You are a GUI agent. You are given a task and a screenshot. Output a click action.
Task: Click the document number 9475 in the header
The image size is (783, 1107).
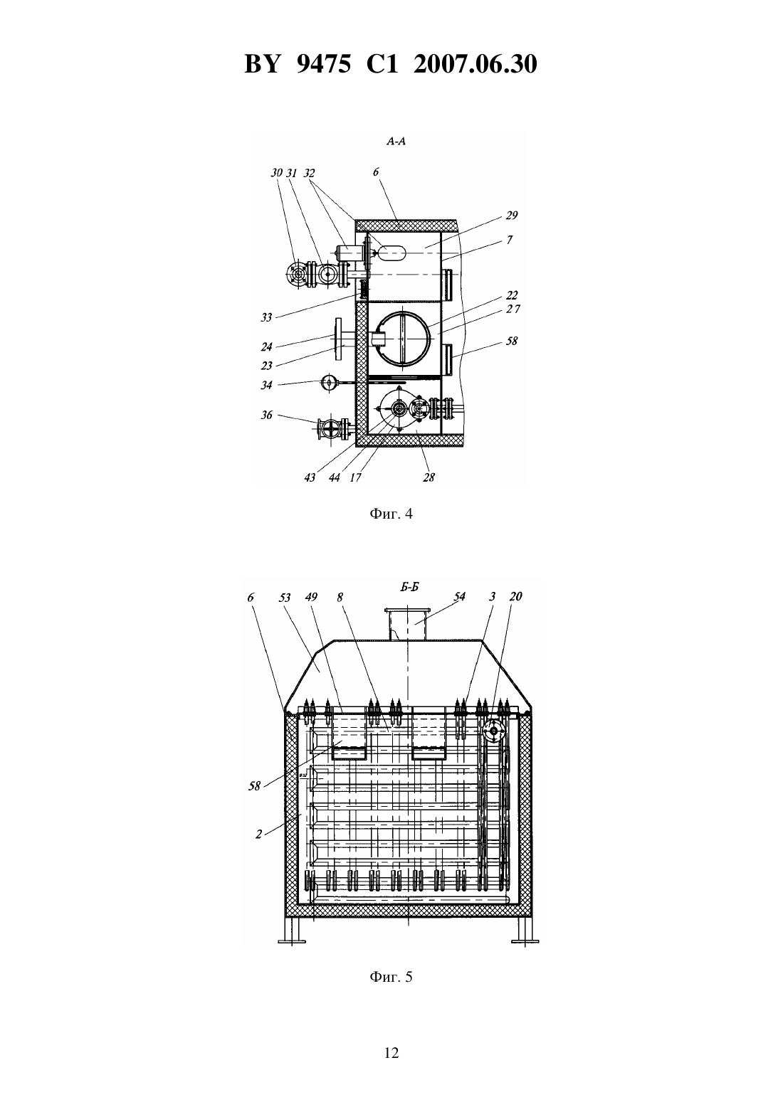pyautogui.click(x=323, y=64)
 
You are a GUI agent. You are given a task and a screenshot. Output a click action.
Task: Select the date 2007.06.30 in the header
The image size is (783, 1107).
pyautogui.click(x=475, y=64)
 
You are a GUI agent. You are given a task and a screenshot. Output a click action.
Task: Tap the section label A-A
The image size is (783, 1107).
pyautogui.click(x=396, y=142)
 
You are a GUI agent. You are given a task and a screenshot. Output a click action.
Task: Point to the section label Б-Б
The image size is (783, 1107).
pyautogui.click(x=410, y=587)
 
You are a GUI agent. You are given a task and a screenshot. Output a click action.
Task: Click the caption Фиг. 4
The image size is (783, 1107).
pyautogui.click(x=391, y=514)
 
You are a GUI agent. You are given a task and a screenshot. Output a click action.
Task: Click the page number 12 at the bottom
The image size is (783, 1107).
pyautogui.click(x=391, y=1053)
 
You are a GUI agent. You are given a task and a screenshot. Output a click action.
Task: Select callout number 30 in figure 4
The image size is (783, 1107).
pyautogui.click(x=276, y=173)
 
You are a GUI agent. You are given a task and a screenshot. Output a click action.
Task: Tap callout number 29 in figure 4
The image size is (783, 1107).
pyautogui.click(x=512, y=216)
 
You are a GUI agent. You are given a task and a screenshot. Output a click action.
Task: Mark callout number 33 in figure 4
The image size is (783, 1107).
pyautogui.click(x=266, y=317)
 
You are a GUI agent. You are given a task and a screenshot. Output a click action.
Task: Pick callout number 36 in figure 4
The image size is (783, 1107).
pyautogui.click(x=266, y=415)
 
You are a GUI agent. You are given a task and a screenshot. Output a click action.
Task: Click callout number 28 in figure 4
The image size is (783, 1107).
pyautogui.click(x=429, y=477)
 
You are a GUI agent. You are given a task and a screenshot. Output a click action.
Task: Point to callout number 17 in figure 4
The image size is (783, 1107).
pyautogui.click(x=355, y=477)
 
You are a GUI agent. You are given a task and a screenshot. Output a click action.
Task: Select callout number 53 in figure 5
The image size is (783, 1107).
pyautogui.click(x=285, y=598)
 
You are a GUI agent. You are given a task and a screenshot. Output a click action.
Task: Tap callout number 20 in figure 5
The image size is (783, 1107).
pyautogui.click(x=515, y=596)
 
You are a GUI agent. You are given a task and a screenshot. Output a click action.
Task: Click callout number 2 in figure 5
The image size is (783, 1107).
pyautogui.click(x=258, y=835)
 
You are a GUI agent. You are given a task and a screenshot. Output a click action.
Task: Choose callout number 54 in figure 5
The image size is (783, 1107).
pyautogui.click(x=460, y=596)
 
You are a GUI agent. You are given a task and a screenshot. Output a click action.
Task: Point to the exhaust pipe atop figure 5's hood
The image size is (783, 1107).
pyautogui.click(x=408, y=624)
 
